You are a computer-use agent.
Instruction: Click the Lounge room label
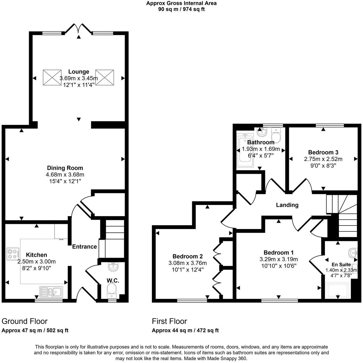pos(78,72)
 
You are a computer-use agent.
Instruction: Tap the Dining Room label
pos(65,168)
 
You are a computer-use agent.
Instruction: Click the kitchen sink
pos(51,292)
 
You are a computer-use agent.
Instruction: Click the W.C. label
pos(113,281)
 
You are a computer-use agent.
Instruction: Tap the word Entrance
pos(84,247)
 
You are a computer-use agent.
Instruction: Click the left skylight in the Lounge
pos(52,78)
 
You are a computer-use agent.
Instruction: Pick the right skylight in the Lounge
pos(105,78)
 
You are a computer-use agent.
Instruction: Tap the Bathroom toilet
pos(276,136)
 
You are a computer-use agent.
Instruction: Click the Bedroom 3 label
pos(323,152)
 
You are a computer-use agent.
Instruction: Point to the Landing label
pos(287,205)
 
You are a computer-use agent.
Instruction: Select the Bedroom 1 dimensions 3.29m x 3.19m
pos(279,259)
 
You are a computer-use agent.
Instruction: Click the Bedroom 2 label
pos(187,257)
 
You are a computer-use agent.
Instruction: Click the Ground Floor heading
pos(25,321)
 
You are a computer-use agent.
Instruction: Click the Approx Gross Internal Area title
pos(181,3)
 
